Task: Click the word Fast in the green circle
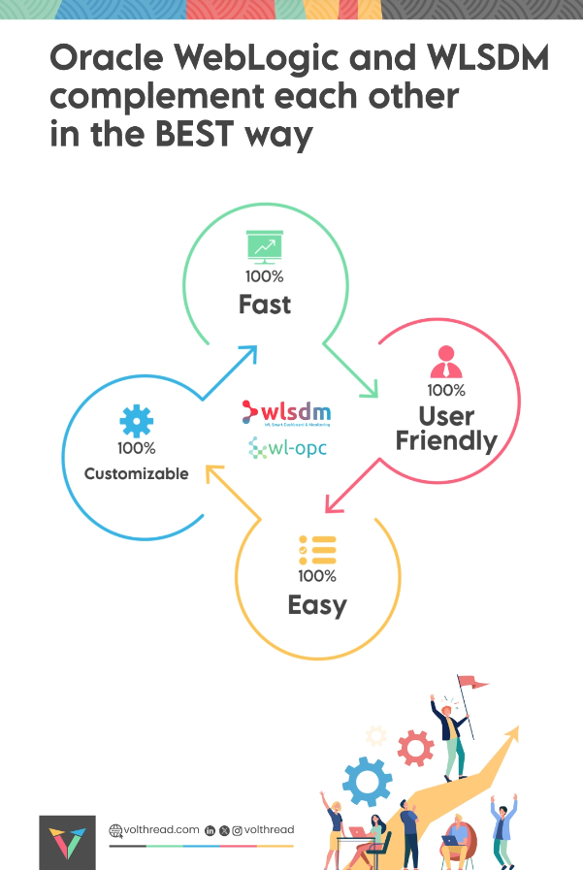point(265,305)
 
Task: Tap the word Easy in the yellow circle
point(316,606)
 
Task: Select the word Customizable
point(136,474)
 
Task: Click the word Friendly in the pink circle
point(446,441)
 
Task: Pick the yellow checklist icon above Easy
point(316,550)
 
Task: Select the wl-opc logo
point(288,448)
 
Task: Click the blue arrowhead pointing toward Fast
point(248,353)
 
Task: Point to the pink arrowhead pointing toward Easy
point(334,502)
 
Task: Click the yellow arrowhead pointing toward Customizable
point(212,473)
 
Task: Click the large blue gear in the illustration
point(367,781)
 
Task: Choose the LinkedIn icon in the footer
point(211,831)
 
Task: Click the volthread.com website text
point(160,830)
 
